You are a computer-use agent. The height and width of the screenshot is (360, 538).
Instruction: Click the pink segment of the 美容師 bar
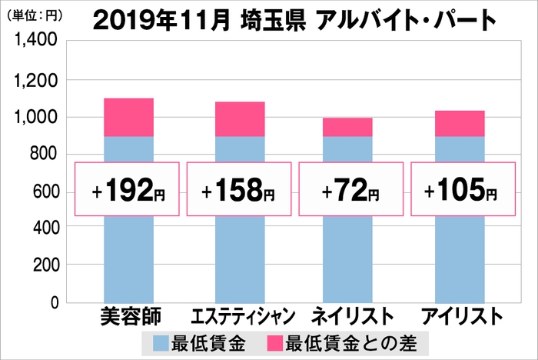[x=128, y=118]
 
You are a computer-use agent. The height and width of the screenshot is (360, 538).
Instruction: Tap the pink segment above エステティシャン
[x=239, y=119]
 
